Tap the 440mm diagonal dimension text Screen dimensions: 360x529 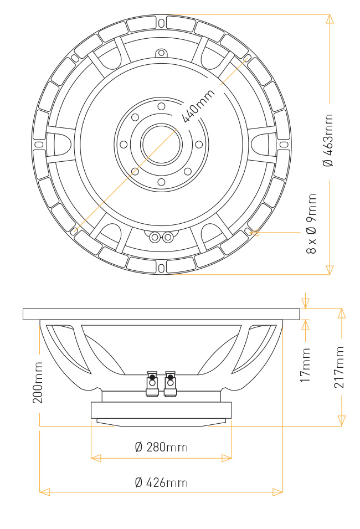click(198, 106)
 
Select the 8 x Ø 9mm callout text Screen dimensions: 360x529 click(311, 224)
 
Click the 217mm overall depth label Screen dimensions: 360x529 click(339, 367)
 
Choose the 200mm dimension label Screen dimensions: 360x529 click(38, 383)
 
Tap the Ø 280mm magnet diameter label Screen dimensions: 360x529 click(161, 448)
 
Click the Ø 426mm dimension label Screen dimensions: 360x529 click(161, 482)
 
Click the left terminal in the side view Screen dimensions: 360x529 click(152, 383)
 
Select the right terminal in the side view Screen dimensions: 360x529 click(170, 383)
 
